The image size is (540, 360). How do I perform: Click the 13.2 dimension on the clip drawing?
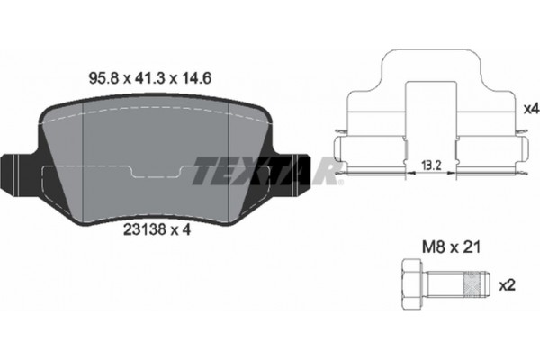(430, 165)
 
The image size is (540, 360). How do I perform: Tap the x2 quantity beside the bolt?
(508, 285)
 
